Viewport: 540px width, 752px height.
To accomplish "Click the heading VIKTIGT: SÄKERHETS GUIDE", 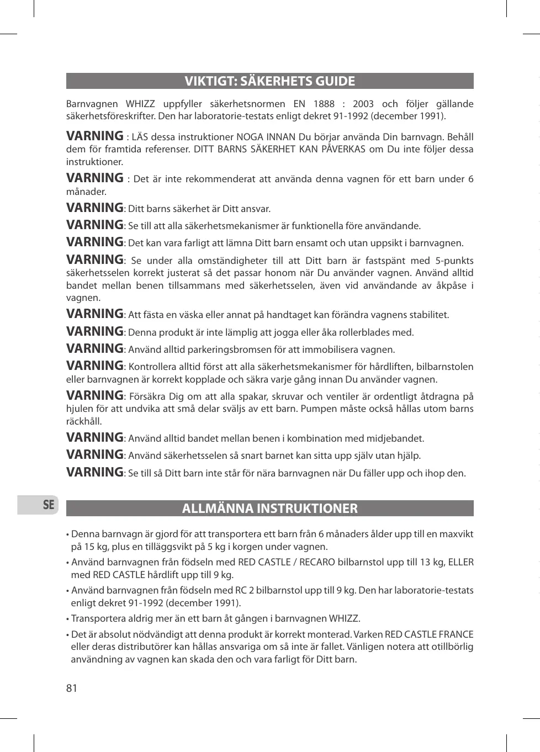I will (x=269, y=81).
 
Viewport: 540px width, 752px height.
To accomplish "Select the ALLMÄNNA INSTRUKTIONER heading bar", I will (x=269, y=509).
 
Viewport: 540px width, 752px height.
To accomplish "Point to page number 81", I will (x=72, y=688).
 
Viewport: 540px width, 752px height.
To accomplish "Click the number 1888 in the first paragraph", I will (x=324, y=104).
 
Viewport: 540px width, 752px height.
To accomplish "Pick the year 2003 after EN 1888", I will (x=363, y=104).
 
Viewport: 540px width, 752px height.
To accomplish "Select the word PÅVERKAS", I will (x=343, y=149).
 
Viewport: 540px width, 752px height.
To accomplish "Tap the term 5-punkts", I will (x=454, y=261).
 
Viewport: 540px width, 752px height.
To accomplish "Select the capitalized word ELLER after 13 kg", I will (x=460, y=562).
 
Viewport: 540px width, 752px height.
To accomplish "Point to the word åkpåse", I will (x=450, y=285).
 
